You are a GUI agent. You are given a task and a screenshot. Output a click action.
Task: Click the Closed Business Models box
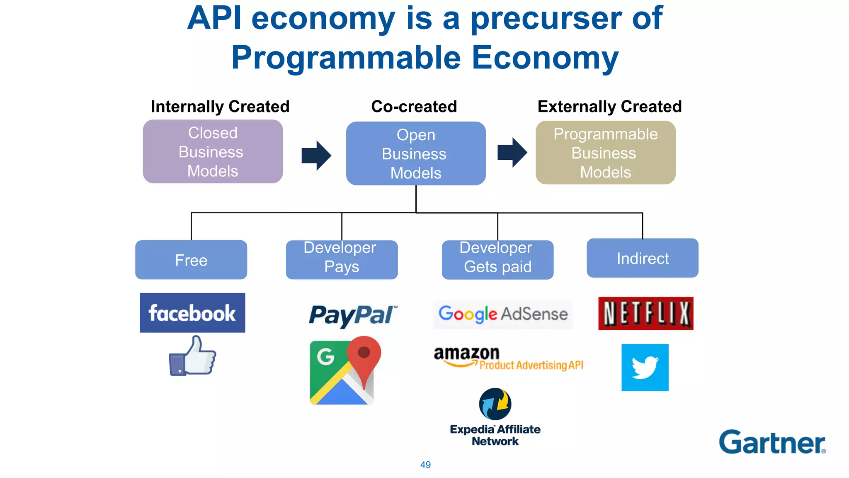(213, 151)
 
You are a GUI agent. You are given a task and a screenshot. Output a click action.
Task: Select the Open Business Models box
(416, 154)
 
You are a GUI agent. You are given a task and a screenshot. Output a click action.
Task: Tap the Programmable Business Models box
(605, 153)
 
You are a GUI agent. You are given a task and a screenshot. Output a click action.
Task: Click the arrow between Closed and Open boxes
(316, 155)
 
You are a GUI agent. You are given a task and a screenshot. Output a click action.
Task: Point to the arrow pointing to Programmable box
(512, 152)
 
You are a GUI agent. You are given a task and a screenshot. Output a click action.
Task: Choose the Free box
(191, 260)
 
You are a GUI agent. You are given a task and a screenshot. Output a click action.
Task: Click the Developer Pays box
(342, 260)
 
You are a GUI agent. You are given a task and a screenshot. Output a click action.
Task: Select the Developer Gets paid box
(497, 260)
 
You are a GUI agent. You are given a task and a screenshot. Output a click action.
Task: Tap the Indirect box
(642, 258)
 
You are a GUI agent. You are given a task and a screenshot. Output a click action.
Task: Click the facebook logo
(192, 313)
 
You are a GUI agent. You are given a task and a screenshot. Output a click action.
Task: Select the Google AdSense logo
(503, 315)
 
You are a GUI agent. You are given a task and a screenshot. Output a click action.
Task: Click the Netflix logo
(645, 313)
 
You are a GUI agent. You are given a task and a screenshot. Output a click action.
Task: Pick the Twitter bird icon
(645, 368)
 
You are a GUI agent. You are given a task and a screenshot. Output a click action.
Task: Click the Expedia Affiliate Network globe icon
(495, 404)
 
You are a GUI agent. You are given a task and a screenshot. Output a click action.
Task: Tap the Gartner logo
(772, 442)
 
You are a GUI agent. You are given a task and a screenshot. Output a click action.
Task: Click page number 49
(425, 465)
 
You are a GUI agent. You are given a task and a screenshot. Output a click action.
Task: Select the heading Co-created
(414, 107)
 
